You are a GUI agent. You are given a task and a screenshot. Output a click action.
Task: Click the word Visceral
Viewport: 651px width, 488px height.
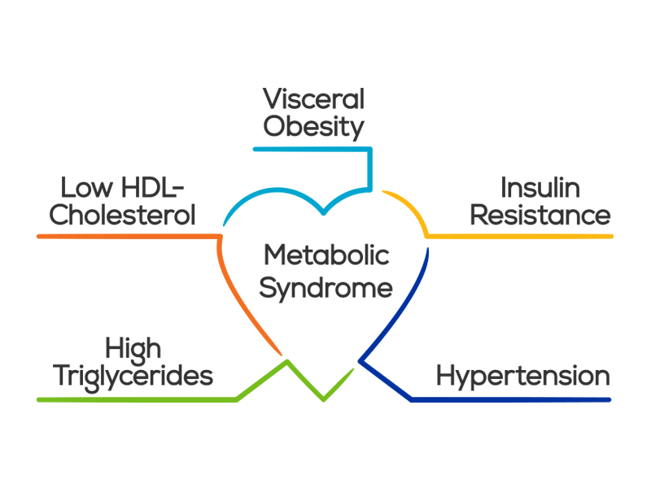click(x=313, y=99)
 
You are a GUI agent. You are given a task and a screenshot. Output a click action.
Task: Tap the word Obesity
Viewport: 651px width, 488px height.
click(x=313, y=127)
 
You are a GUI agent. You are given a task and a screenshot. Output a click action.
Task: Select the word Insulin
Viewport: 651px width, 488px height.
click(x=540, y=188)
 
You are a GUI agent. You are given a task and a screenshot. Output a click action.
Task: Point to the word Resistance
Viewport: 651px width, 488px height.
click(x=540, y=216)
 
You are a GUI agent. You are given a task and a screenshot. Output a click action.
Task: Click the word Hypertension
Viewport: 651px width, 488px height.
click(x=523, y=377)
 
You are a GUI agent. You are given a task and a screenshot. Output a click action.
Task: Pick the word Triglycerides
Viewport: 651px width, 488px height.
click(x=133, y=377)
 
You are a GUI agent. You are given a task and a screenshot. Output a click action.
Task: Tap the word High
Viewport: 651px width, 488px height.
click(x=133, y=349)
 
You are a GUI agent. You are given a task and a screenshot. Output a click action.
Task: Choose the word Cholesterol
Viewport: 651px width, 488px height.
click(x=123, y=216)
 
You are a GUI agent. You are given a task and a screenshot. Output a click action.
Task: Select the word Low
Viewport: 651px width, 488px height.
click(x=82, y=188)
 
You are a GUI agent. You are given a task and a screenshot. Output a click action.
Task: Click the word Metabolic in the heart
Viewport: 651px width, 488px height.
click(x=326, y=255)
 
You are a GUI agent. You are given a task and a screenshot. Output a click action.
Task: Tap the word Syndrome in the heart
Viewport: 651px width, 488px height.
click(x=326, y=288)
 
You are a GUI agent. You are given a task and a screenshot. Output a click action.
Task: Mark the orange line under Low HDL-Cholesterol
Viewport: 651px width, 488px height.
click(x=122, y=236)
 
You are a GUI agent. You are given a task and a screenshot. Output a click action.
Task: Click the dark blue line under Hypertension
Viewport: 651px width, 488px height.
click(x=513, y=399)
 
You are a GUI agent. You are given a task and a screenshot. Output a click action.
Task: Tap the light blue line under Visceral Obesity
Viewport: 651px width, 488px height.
click(x=309, y=149)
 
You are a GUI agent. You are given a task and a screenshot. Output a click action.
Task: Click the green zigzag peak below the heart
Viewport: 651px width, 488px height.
click(x=286, y=362)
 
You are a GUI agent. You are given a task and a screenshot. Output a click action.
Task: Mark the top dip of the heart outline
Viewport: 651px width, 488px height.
click(x=324, y=212)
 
